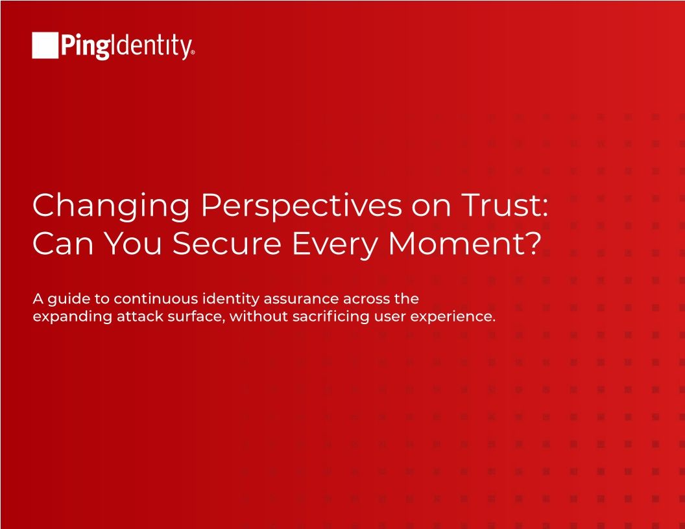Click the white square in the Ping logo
point(45,45)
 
